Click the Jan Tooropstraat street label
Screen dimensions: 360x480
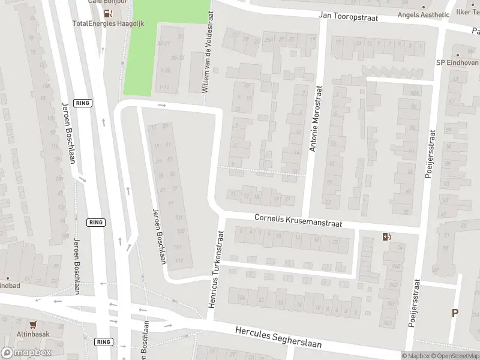coord(349,18)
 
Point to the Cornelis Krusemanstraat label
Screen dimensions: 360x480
coord(298,220)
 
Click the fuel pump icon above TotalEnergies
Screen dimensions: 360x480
coord(107,13)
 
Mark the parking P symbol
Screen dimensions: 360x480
coord(455,312)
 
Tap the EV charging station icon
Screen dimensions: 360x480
coord(385,236)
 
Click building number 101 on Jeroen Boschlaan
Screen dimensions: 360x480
coord(178,217)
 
